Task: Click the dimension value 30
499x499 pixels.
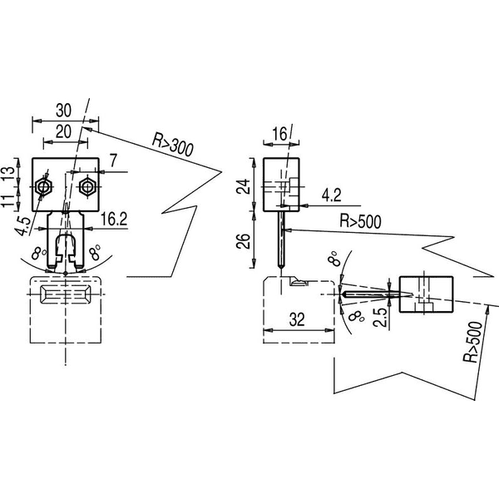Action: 64,111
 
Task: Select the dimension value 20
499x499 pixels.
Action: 64,131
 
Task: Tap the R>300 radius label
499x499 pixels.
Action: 173,145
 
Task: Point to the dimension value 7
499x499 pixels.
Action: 114,161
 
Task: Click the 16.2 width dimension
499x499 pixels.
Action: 114,219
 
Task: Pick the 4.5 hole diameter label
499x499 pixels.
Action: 23,226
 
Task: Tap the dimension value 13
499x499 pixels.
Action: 9,174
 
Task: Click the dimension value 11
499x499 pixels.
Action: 8,200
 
